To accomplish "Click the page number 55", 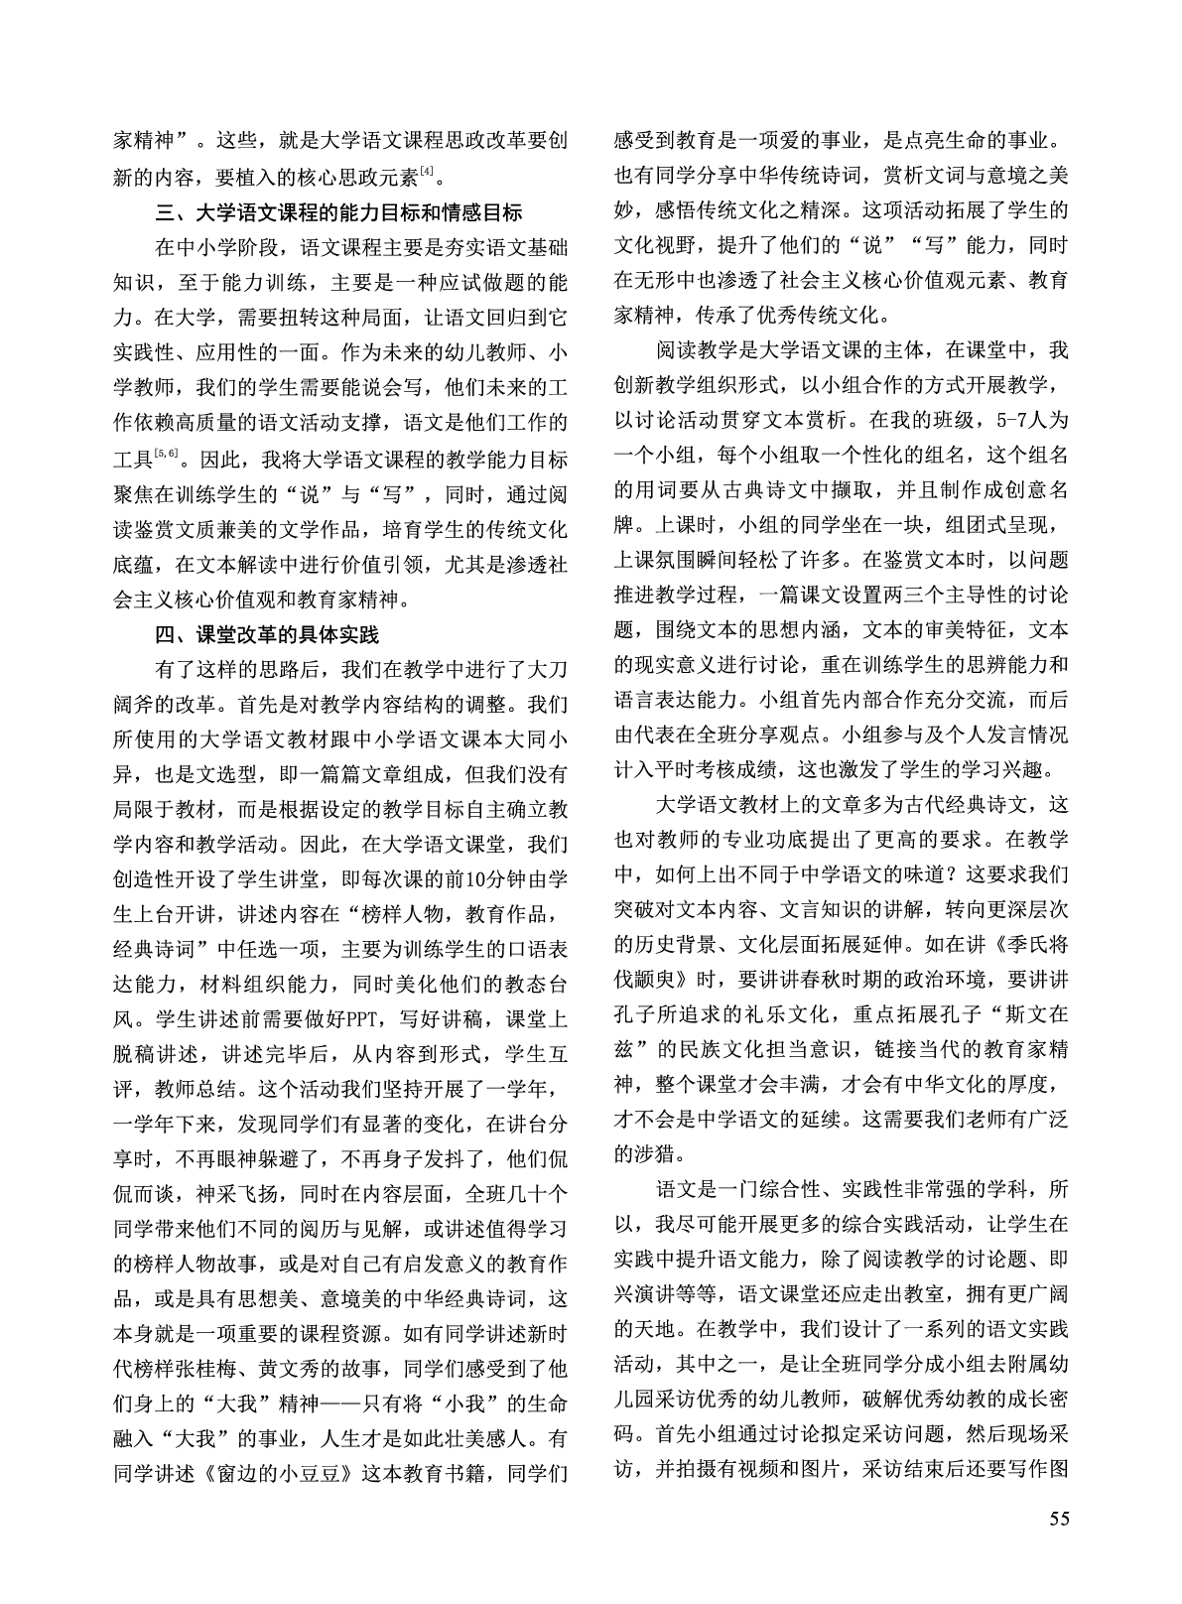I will click(1057, 1545).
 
